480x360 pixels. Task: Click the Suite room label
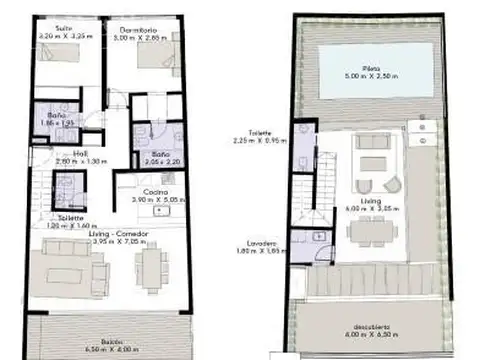point(64,28)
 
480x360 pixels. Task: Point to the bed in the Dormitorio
point(151,57)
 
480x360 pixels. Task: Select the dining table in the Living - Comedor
point(152,268)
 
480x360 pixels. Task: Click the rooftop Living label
point(372,200)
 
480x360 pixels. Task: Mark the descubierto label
point(371,325)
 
